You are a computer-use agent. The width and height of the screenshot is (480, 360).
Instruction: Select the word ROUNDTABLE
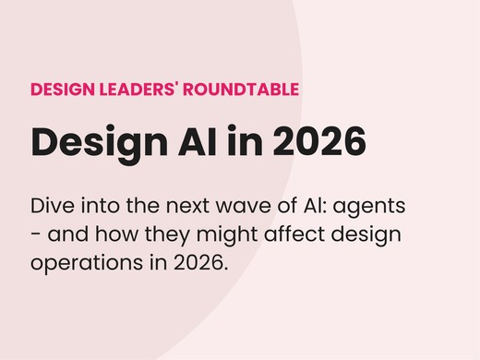click(x=242, y=90)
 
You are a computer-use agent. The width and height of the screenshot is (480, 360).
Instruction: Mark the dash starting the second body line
click(x=35, y=234)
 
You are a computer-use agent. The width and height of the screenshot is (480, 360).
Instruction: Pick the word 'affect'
click(x=296, y=234)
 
